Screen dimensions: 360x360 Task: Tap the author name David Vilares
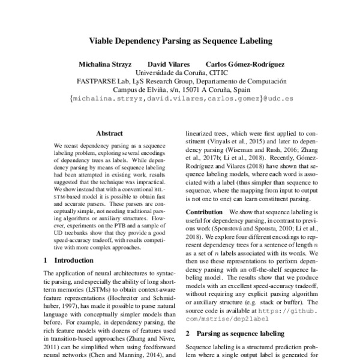point(170,64)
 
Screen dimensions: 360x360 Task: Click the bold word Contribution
point(205,212)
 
